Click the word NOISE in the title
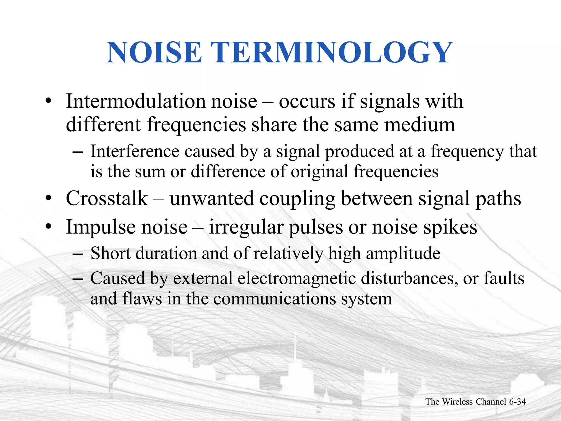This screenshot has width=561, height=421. [x=154, y=52]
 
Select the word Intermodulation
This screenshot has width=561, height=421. [x=136, y=101]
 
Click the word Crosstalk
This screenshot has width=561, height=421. [x=107, y=198]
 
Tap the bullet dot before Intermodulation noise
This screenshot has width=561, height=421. [x=49, y=101]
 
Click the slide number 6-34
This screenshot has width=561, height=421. [x=517, y=402]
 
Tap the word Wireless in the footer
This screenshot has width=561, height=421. [x=457, y=402]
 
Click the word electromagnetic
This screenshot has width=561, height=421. [x=296, y=278]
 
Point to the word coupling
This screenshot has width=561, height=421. [x=297, y=199]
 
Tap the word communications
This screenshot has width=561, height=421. [x=274, y=298]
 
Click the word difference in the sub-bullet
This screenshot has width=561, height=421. [x=228, y=172]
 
